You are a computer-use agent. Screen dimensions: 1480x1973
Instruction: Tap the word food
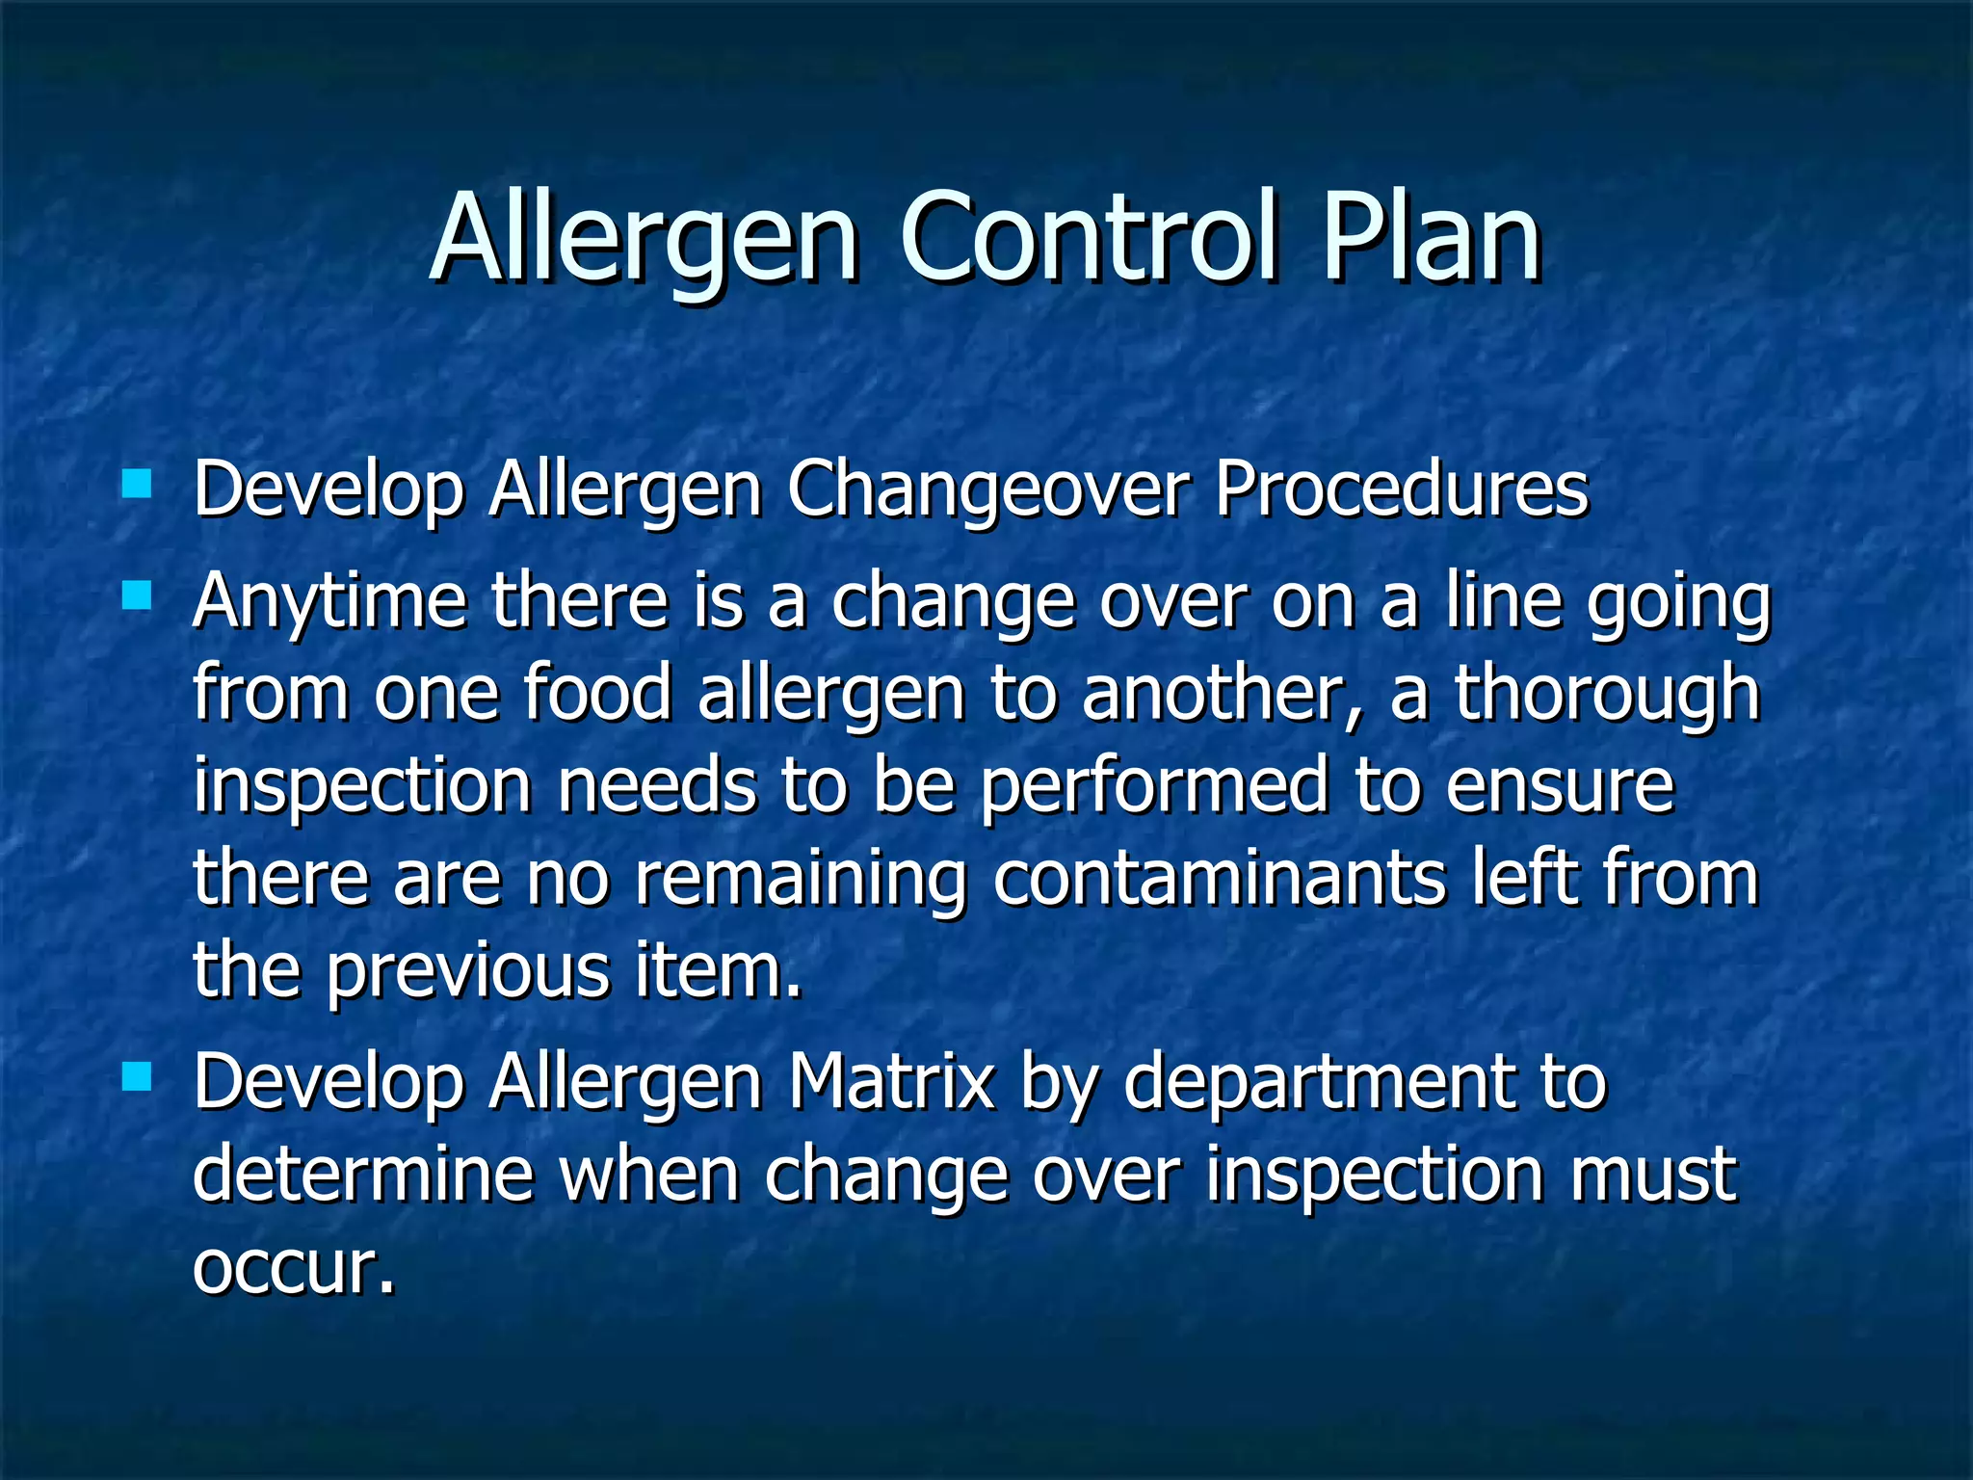click(x=597, y=693)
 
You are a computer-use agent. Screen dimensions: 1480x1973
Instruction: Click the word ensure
click(x=1560, y=786)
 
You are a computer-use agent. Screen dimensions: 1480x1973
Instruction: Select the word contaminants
click(x=1219, y=878)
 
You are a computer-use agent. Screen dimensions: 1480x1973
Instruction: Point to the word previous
click(x=468, y=971)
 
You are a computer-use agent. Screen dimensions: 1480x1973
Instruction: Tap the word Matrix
click(x=891, y=1082)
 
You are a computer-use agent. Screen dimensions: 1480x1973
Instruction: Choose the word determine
click(x=363, y=1174)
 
